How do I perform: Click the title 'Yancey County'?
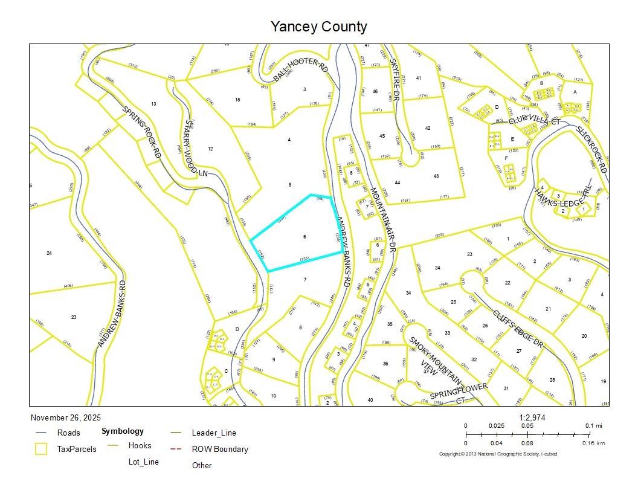point(318,27)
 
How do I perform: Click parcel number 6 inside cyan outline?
point(304,237)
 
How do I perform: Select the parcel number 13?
point(153,104)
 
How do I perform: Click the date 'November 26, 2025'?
point(66,417)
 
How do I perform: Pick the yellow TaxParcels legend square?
point(42,449)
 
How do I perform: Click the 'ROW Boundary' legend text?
point(220,449)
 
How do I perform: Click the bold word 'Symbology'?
point(123,431)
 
